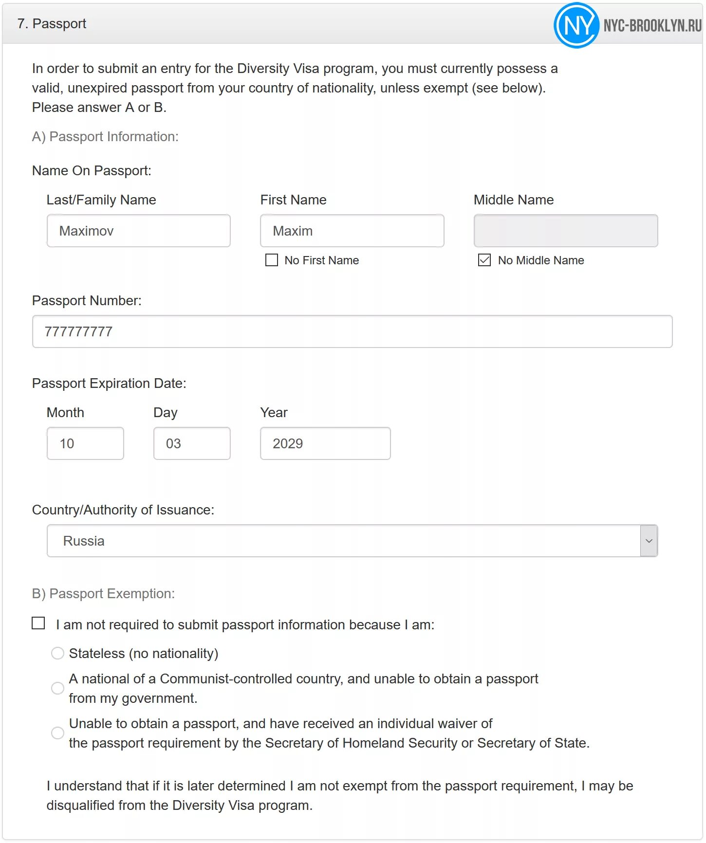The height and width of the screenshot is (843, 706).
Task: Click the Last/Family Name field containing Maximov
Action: pyautogui.click(x=138, y=231)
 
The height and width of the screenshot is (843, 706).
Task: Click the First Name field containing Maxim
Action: pyautogui.click(x=352, y=231)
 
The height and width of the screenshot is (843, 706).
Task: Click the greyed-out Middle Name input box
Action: pyautogui.click(x=565, y=231)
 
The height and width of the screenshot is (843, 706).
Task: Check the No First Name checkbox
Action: pyautogui.click(x=272, y=260)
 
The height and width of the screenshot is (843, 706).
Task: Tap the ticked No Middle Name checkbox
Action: pyautogui.click(x=484, y=260)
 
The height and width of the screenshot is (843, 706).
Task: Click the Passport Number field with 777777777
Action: pyautogui.click(x=352, y=331)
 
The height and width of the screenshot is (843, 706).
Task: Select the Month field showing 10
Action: pyautogui.click(x=85, y=443)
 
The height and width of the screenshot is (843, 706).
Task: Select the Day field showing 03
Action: pyautogui.click(x=192, y=443)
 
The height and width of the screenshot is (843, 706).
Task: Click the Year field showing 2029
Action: pyautogui.click(x=325, y=443)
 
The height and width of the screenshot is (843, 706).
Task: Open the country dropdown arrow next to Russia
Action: pyautogui.click(x=649, y=541)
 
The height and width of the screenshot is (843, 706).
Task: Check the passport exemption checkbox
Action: pyautogui.click(x=38, y=623)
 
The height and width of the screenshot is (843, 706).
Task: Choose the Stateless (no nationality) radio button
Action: pyautogui.click(x=57, y=653)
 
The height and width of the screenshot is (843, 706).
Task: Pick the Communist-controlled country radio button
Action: pyautogui.click(x=57, y=688)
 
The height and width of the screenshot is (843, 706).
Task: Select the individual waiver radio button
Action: pyautogui.click(x=57, y=733)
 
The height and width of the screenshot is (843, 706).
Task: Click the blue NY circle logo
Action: pyautogui.click(x=576, y=25)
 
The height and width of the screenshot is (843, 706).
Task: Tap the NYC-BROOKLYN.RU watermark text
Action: pyautogui.click(x=652, y=25)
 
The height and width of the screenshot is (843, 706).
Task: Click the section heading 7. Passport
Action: pyautogui.click(x=52, y=23)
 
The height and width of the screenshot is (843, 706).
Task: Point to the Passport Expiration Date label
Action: pyautogui.click(x=109, y=384)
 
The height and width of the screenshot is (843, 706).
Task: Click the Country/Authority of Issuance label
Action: pyautogui.click(x=123, y=510)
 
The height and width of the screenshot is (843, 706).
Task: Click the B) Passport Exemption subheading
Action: pyautogui.click(x=103, y=594)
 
